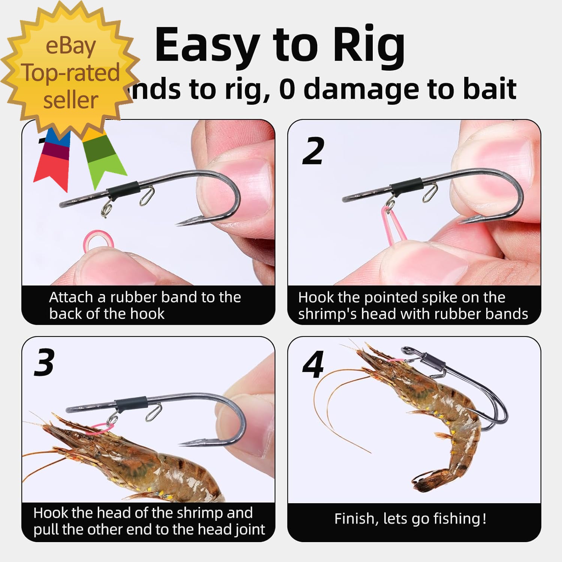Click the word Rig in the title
click(x=369, y=46)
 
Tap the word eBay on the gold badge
click(x=70, y=46)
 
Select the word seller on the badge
click(x=70, y=100)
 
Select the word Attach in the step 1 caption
click(x=71, y=297)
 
